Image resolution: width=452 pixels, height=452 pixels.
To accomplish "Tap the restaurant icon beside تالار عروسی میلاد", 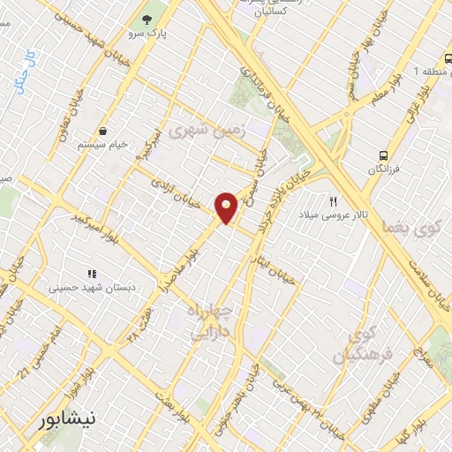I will [x=335, y=200].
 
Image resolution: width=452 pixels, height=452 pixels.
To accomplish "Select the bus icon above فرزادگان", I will [x=384, y=152].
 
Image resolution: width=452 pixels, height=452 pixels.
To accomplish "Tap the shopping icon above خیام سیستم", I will [x=105, y=130].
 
